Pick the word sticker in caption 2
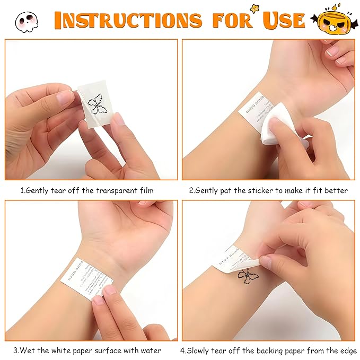(x=256, y=190)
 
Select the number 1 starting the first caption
(x=22, y=190)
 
